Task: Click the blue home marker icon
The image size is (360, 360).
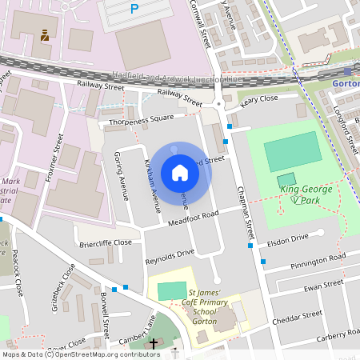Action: point(180,173)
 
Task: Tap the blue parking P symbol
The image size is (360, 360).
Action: point(134,9)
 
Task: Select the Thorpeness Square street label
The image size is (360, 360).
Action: point(141,121)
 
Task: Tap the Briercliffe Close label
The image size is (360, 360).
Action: point(105,242)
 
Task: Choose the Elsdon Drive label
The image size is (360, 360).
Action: point(287,238)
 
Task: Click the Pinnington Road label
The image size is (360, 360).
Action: point(318,259)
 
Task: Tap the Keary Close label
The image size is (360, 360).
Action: point(258,99)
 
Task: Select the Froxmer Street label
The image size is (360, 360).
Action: point(56,158)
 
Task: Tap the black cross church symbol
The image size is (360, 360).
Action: point(154,343)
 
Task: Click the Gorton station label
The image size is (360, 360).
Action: point(345,83)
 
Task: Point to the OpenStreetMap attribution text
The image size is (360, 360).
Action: point(80,354)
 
